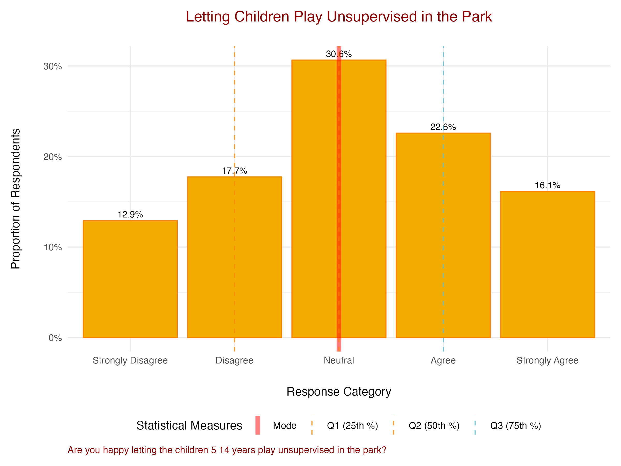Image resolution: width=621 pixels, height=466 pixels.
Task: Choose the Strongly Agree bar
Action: (x=548, y=264)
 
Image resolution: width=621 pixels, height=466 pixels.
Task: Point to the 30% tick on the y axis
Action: (x=53, y=67)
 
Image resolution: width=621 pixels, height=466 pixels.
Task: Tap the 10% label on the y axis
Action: (x=53, y=247)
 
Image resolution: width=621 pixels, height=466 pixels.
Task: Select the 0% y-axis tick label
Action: (x=55, y=338)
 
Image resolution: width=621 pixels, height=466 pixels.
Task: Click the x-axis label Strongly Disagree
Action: (x=130, y=360)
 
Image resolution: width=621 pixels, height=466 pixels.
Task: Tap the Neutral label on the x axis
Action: (x=339, y=360)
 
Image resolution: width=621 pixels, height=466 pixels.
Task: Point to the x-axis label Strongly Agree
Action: (x=548, y=360)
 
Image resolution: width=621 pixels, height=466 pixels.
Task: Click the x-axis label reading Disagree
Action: (x=234, y=360)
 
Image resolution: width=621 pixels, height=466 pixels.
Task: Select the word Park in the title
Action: (x=477, y=17)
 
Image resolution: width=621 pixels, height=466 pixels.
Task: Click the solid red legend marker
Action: (x=258, y=425)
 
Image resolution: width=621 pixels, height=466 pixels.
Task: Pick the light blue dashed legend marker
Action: (x=475, y=425)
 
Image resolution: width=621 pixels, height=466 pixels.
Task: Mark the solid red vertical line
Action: (x=339, y=196)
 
